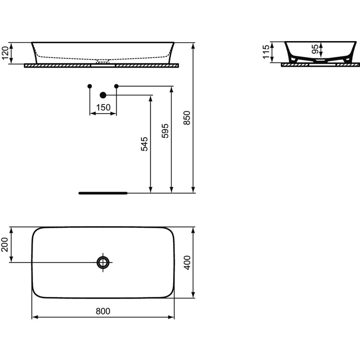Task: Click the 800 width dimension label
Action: pos(103,311)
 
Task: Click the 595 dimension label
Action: pos(166,131)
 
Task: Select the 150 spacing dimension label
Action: pos(103,108)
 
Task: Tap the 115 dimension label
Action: pos(266,53)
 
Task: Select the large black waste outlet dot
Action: pos(102,95)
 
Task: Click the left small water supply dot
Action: pos(89,86)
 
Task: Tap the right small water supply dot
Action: pos(116,86)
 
